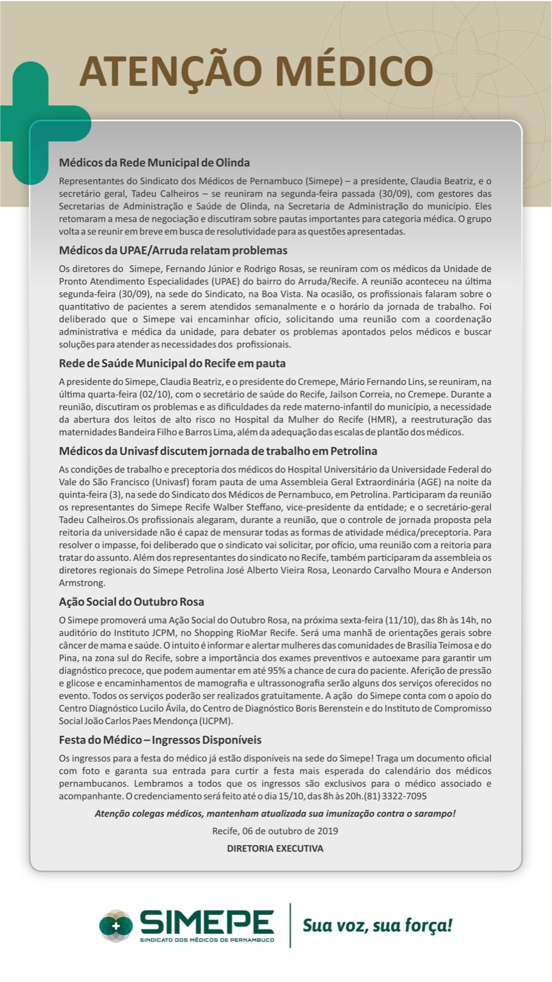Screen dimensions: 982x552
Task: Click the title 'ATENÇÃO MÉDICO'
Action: point(255,71)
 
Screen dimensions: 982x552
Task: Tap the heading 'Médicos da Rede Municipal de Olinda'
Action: point(154,163)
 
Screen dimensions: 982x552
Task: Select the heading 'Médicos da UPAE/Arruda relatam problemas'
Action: point(173,250)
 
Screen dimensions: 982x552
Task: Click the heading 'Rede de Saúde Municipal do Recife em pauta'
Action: point(172,363)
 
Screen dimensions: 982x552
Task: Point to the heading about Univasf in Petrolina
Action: point(218,451)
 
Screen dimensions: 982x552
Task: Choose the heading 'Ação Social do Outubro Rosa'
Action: point(131,601)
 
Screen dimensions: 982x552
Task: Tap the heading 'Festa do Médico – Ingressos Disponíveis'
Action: point(160,740)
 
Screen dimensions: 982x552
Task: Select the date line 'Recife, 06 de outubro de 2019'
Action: point(275,831)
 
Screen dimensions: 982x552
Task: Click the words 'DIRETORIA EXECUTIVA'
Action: point(275,848)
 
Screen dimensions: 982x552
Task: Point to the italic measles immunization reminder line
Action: point(275,813)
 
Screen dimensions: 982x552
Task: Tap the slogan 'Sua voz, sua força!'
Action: point(377,925)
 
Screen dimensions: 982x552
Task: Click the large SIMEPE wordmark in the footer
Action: point(207,922)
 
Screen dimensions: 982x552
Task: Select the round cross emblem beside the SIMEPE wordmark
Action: point(116,925)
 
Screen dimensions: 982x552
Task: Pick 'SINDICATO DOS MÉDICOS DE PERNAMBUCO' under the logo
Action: point(207,940)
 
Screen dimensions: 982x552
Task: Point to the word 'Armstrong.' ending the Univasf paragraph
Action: point(82,583)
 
